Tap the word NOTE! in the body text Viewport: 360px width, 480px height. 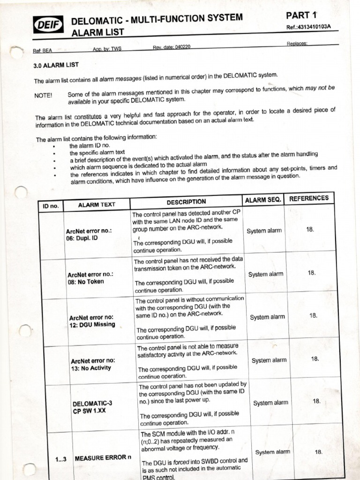point(43,95)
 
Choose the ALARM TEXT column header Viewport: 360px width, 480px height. point(96,204)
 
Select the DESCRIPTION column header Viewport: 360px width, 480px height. point(186,202)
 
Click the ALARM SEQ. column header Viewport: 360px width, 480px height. point(263,200)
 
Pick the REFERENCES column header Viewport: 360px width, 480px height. point(309,198)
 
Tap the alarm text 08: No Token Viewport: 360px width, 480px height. point(86,282)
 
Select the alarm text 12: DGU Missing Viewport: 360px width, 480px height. point(92,324)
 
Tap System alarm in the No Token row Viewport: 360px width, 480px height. point(266,274)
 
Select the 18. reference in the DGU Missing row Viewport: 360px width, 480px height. point(314,316)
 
